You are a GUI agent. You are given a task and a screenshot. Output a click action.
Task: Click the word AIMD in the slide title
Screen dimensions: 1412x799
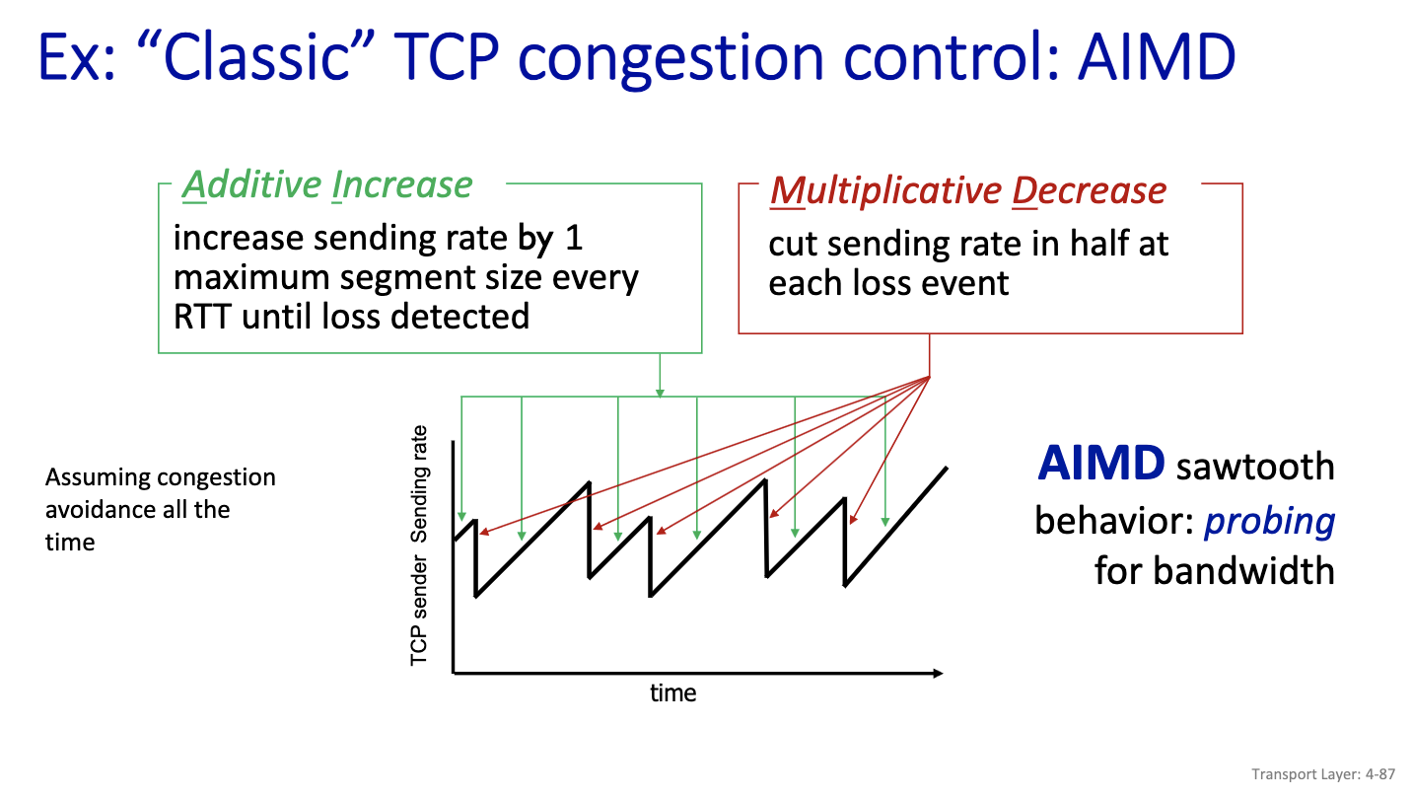click(1157, 57)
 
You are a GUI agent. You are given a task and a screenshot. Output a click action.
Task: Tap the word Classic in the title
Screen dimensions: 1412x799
click(256, 57)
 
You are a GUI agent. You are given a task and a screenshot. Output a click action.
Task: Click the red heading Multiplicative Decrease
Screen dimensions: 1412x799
click(968, 190)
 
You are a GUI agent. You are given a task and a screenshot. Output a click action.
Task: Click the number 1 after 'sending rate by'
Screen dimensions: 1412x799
click(574, 239)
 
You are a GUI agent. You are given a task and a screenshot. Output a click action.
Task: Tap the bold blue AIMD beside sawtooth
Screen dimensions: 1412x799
click(1101, 464)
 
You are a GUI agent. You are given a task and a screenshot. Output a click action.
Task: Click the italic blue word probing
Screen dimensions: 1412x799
click(1269, 522)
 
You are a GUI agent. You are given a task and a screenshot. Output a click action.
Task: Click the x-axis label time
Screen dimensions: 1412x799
click(673, 693)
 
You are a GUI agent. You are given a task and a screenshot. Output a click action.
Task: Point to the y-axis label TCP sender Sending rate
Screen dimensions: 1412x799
click(418, 545)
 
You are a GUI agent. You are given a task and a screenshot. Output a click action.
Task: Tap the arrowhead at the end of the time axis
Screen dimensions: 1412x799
click(938, 674)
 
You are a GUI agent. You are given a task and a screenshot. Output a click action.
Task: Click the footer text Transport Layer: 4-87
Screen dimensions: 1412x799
click(1323, 774)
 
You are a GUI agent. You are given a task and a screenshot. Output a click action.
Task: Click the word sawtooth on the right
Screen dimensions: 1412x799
click(1255, 467)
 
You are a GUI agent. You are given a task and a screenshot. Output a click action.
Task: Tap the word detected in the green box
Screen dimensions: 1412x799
click(459, 317)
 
